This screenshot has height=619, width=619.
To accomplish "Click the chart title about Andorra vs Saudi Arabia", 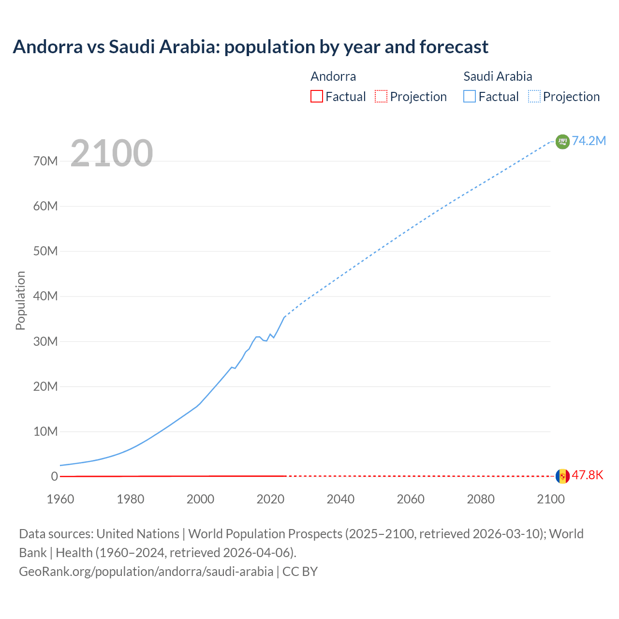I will [251, 47].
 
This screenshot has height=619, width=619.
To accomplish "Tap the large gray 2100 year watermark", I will [112, 153].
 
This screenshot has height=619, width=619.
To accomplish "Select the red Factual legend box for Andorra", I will [316, 96].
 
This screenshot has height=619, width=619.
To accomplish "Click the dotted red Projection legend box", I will [381, 96].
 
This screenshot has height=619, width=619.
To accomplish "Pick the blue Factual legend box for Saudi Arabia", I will [469, 96].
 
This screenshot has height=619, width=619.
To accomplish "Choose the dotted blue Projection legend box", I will [534, 96].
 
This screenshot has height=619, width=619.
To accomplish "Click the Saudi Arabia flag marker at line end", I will [562, 141].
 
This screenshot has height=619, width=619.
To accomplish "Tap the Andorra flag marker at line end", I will [562, 476].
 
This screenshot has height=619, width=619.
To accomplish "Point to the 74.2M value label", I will [589, 141].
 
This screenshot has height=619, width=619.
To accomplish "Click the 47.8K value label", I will [588, 475].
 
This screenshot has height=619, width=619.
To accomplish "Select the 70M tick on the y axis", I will [45, 161].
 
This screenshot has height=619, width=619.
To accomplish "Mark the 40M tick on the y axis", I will [45, 296].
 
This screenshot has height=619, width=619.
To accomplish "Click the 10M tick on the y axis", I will [45, 431].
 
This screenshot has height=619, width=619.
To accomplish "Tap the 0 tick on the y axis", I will [54, 476].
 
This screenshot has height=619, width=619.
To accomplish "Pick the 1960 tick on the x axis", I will [60, 499].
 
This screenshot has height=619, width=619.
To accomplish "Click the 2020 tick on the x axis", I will [270, 499].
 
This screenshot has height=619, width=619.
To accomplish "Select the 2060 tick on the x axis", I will [411, 499].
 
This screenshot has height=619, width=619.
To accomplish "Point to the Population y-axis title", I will [20, 300].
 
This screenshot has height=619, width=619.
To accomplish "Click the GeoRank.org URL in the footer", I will [146, 571].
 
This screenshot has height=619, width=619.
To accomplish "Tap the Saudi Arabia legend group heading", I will [498, 76].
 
